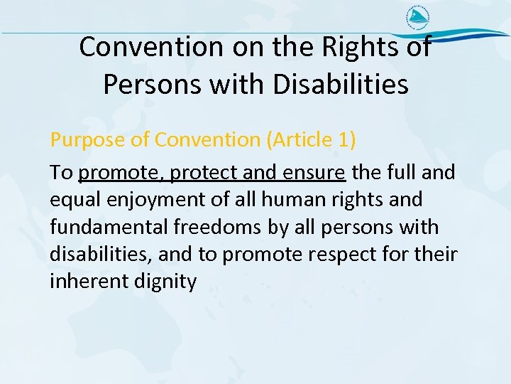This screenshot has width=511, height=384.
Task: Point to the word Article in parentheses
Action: (x=300, y=139)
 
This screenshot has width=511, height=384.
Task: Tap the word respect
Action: (x=359, y=255)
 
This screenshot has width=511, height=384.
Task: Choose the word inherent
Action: (x=89, y=282)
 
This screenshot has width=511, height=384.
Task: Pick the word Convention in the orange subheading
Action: (x=207, y=139)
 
